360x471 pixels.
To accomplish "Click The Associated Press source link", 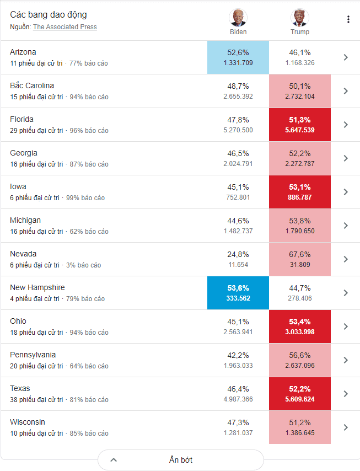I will pos(65,27).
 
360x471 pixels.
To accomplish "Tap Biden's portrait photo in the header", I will pos(238,18).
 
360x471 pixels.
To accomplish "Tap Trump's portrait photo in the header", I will pos(299,18).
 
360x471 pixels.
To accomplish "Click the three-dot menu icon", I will pos(348,20).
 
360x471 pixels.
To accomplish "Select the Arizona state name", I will pos(23,52).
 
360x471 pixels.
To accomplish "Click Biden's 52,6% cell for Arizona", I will pos(238,57).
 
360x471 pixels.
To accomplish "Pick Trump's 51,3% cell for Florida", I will pos(300,125).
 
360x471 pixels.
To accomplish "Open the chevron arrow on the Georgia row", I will pos(346,158).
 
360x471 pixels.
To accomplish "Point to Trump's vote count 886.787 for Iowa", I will pos(300,197).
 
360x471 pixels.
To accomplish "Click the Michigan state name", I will pos(25,220).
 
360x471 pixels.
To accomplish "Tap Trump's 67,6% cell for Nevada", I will pos(300,259).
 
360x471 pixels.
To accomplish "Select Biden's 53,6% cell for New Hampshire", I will pos(238,293).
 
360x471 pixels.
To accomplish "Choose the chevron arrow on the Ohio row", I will pos(346,327).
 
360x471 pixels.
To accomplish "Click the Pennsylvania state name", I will pos(33,355).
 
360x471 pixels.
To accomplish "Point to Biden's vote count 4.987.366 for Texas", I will pos(238,399).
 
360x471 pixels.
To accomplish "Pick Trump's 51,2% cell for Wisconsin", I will pos(300,427).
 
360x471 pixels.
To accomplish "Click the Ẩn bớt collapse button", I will pos(181,460).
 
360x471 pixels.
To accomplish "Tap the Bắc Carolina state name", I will pos(32,85).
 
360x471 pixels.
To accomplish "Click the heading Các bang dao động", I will pos(49,14).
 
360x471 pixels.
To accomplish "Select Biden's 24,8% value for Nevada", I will pos(238,254).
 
